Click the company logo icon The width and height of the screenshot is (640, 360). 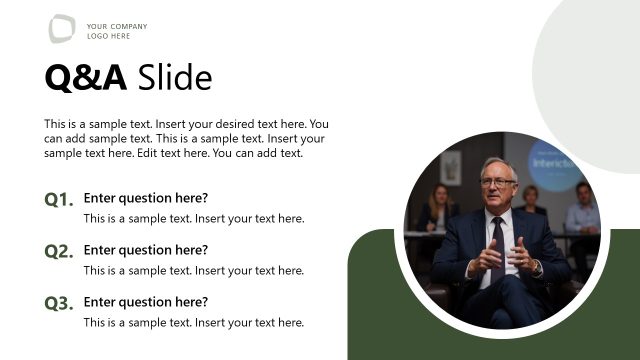62,29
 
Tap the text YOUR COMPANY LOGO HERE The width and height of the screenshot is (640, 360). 117,31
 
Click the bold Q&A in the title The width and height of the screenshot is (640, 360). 86,77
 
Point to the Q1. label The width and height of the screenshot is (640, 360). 59,200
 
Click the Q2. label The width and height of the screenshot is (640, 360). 59,252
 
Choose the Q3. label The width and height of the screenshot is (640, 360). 59,304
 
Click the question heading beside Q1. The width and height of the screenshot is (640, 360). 146,198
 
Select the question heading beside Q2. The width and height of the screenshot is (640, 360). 146,250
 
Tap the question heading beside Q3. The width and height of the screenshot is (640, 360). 146,302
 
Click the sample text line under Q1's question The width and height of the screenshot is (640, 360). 194,218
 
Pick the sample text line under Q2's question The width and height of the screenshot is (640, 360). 194,270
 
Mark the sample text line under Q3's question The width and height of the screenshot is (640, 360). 194,322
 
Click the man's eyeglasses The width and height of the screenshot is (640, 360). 498,182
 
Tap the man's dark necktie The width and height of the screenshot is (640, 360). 498,245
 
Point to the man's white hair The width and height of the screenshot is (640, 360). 498,163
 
